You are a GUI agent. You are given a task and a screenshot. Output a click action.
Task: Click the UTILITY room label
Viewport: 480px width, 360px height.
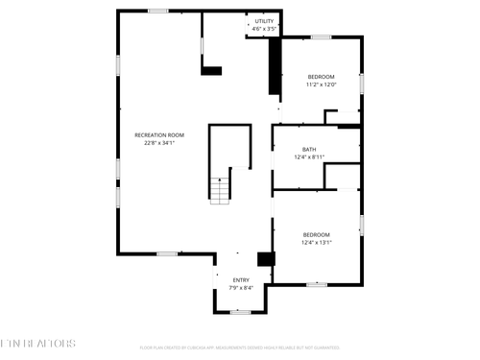(264, 21)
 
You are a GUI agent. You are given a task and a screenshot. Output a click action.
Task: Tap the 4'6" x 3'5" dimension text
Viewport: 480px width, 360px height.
(264, 29)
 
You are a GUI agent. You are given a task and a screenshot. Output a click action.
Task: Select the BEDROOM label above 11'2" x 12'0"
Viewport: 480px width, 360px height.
(321, 77)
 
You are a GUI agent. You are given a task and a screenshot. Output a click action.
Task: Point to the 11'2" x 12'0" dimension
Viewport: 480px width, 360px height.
(321, 84)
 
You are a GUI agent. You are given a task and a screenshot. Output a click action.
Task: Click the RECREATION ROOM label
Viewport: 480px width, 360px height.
(159, 135)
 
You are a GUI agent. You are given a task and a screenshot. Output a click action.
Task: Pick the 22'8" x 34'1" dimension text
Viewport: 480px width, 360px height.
(159, 143)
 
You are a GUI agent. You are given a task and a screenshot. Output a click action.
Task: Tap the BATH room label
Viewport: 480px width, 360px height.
(309, 149)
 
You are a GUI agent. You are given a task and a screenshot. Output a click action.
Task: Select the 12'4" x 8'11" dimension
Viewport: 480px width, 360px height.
(309, 156)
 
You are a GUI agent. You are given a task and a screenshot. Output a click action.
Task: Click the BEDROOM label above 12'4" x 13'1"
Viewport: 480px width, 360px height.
(317, 235)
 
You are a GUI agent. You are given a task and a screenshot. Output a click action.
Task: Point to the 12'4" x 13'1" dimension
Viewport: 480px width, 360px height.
(317, 243)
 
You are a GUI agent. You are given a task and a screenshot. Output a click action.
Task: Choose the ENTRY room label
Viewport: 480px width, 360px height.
(241, 279)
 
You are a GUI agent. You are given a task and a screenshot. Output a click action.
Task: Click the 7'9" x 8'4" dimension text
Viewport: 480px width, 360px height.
(241, 287)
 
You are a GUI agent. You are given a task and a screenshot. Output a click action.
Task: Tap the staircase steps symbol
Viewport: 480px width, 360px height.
(221, 190)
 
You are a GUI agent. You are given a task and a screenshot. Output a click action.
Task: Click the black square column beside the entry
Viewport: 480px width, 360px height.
(266, 259)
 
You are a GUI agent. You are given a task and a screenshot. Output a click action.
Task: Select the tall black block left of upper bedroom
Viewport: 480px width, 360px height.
(276, 67)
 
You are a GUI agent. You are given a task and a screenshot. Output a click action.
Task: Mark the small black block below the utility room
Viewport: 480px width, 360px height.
(212, 70)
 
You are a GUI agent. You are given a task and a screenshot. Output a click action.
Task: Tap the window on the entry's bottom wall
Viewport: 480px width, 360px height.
(240, 311)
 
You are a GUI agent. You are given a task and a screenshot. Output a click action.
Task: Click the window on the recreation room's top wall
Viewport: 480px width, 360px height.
(158, 11)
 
